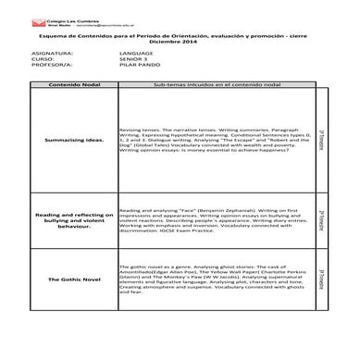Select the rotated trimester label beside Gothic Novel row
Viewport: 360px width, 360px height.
(x=320, y=277)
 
